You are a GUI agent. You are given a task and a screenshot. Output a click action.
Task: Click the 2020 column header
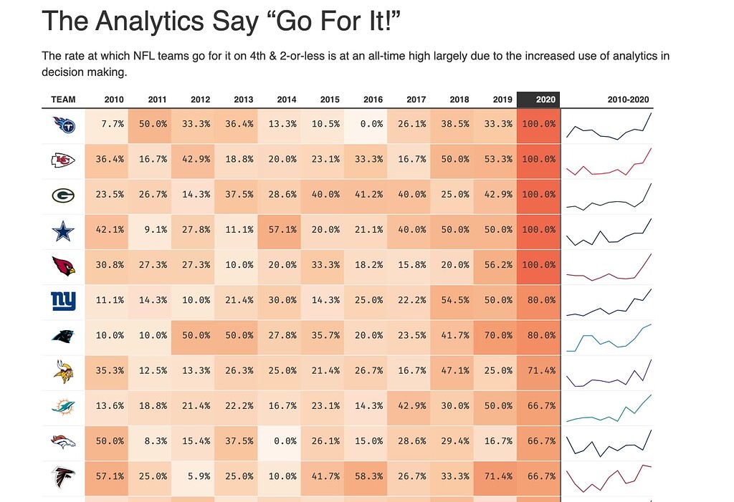pyautogui.click(x=538, y=100)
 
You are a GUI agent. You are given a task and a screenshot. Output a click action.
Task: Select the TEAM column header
pyautogui.click(x=63, y=100)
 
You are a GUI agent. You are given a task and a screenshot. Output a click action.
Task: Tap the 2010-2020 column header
pyautogui.click(x=627, y=100)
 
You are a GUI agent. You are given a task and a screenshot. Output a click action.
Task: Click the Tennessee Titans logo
pyautogui.click(x=63, y=125)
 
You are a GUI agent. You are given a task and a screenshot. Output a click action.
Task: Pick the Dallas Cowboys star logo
pyautogui.click(x=63, y=231)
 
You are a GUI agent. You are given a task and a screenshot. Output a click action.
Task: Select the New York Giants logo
pyautogui.click(x=63, y=301)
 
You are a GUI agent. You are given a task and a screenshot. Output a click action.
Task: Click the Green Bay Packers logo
pyautogui.click(x=63, y=196)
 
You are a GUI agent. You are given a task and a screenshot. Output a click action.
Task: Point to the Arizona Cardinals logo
pyautogui.click(x=63, y=266)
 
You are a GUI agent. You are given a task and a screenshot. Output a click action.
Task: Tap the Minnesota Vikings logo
pyautogui.click(x=63, y=372)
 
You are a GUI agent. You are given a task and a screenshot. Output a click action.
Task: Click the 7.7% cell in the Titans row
pyautogui.click(x=107, y=124)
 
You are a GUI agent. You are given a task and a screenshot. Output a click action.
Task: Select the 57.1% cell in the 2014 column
pyautogui.click(x=280, y=230)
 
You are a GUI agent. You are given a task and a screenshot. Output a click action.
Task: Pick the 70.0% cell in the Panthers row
pyautogui.click(x=495, y=336)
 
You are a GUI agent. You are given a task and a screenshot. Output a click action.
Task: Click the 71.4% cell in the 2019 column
pyautogui.click(x=495, y=477)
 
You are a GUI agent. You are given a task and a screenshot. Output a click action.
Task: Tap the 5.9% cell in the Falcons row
pyautogui.click(x=194, y=477)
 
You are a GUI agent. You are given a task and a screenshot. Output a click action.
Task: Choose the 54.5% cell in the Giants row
pyautogui.click(x=452, y=301)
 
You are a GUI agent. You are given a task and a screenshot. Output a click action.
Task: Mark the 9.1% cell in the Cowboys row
pyautogui.click(x=150, y=230)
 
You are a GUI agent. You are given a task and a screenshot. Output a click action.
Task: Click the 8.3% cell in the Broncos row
pyautogui.click(x=150, y=442)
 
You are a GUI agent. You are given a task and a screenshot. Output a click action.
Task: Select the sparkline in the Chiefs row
pyautogui.click(x=609, y=161)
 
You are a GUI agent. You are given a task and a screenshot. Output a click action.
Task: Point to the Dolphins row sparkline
pyautogui.click(x=609, y=407)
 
